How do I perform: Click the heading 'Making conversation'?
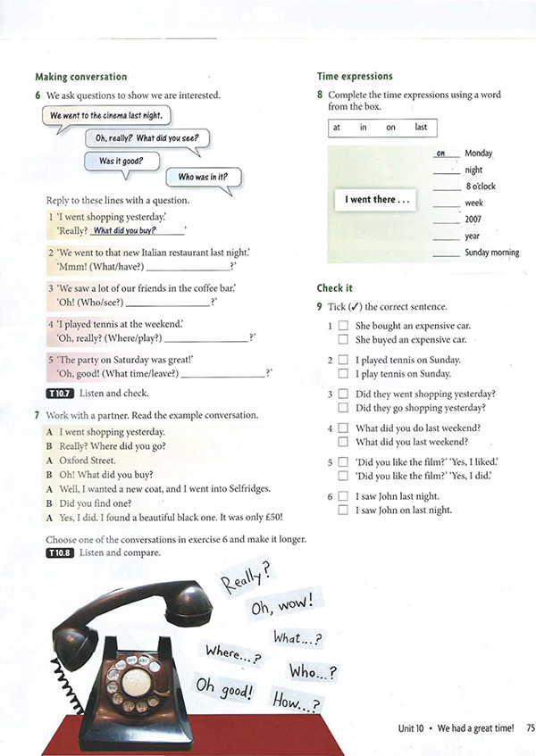click(x=81, y=77)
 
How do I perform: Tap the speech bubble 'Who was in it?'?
click(x=203, y=178)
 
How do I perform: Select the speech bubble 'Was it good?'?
click(x=121, y=162)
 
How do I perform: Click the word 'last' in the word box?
click(x=421, y=128)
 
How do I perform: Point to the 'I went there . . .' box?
click(x=375, y=200)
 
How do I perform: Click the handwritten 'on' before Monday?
click(x=441, y=154)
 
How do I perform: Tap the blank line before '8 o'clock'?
click(x=447, y=190)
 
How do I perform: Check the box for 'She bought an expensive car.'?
click(x=343, y=326)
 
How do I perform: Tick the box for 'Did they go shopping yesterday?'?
click(x=343, y=407)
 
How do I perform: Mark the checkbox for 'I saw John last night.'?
click(x=343, y=495)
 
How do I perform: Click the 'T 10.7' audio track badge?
click(x=61, y=394)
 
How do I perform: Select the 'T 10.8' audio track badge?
click(x=61, y=553)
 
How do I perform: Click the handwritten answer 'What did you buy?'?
click(x=124, y=230)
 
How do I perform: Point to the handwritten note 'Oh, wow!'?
click(x=282, y=603)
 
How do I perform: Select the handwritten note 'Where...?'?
click(x=233, y=653)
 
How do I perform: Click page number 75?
click(x=531, y=728)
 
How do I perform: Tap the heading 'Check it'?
click(x=335, y=288)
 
